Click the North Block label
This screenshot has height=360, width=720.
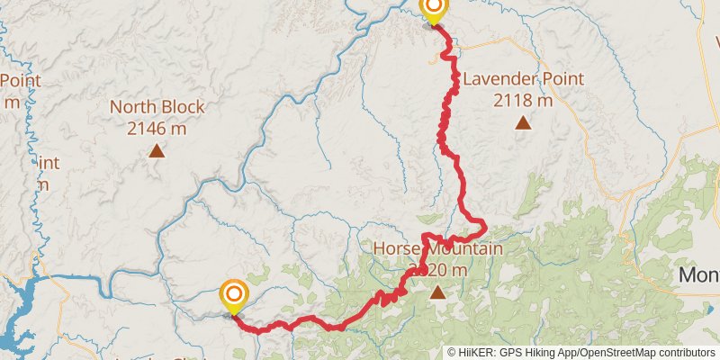click(x=157, y=107)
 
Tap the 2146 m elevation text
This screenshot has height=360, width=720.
click(x=157, y=128)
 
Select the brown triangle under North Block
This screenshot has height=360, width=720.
click(x=157, y=150)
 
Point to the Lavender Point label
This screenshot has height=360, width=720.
click(x=523, y=79)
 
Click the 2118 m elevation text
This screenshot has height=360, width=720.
click(x=523, y=100)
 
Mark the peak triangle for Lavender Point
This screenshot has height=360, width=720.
click(x=523, y=122)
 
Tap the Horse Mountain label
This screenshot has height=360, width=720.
click(x=437, y=248)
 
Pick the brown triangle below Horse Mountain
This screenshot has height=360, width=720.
click(x=437, y=292)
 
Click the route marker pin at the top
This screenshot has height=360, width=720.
click(x=434, y=10)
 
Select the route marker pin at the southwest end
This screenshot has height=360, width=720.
click(x=234, y=294)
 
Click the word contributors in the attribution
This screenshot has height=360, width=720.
click(x=685, y=353)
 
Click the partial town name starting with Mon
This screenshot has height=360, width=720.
click(x=699, y=274)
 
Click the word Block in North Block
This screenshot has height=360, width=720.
click(x=183, y=107)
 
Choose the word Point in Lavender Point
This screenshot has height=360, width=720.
click(x=563, y=79)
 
